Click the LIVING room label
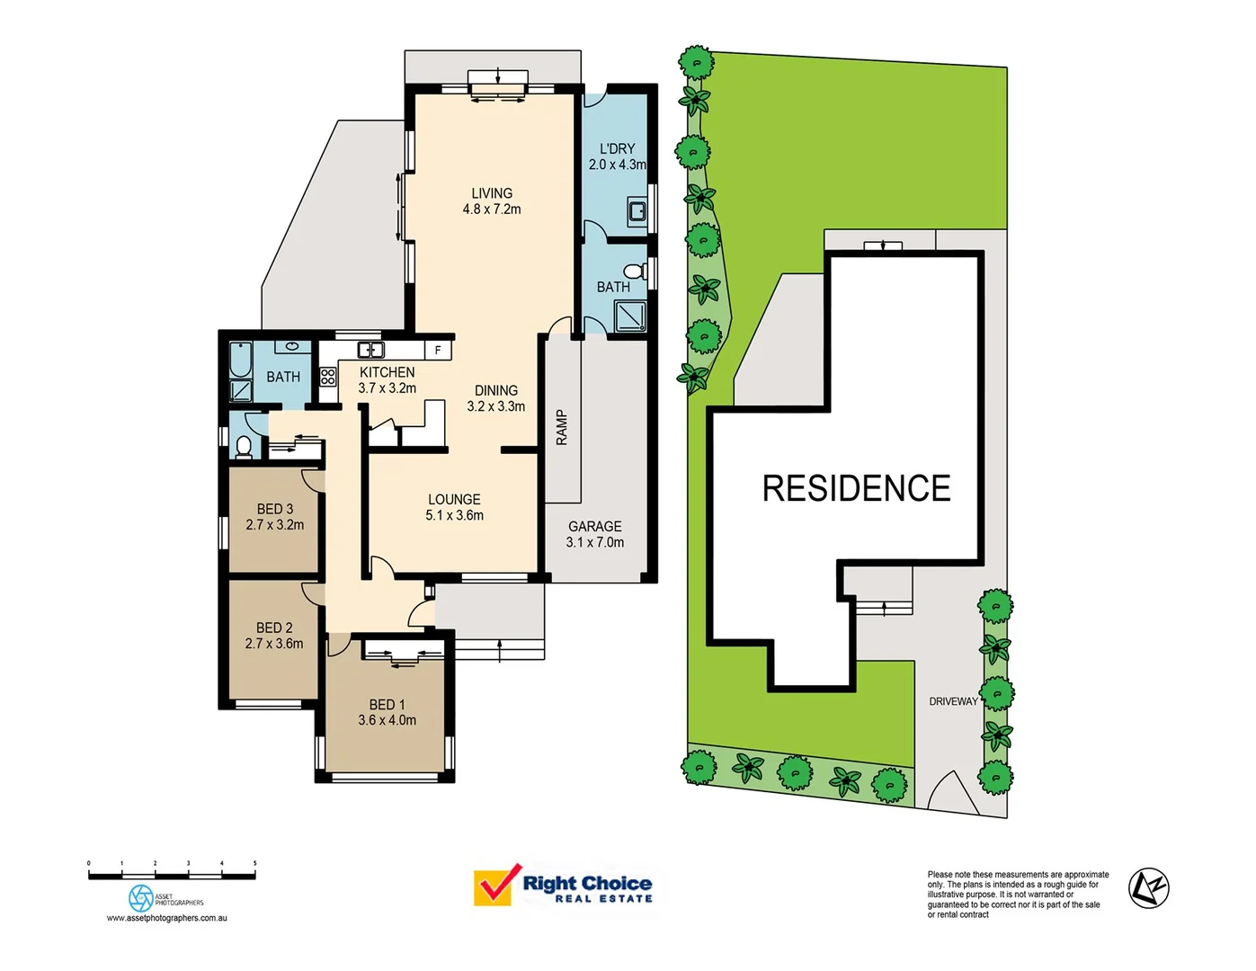[x=492, y=193]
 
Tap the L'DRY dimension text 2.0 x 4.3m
[x=617, y=165]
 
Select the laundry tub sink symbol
[x=637, y=212]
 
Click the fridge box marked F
[x=438, y=350]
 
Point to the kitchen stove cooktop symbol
[x=328, y=377]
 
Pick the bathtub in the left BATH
[x=240, y=360]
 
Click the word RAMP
[x=562, y=427]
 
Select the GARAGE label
[x=594, y=526]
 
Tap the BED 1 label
[x=387, y=705]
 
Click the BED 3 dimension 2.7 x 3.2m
[x=274, y=525]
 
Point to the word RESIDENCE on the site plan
[x=856, y=489]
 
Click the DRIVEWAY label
[x=953, y=701]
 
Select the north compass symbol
[x=1148, y=888]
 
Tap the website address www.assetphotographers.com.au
[x=166, y=918]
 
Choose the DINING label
[x=495, y=390]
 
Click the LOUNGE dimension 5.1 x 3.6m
[x=454, y=516]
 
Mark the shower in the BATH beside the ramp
[x=630, y=316]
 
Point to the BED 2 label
[x=274, y=628]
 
